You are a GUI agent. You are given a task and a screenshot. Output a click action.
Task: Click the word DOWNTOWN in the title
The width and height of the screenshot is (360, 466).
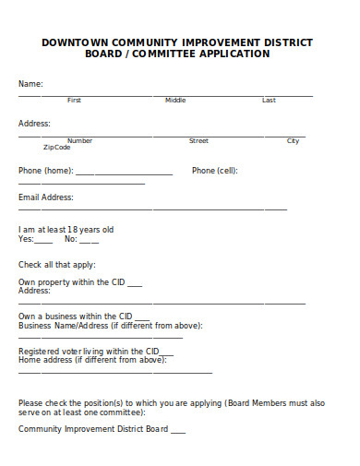pos(75,42)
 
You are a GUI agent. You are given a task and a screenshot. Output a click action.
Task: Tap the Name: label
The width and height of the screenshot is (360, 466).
pos(30,84)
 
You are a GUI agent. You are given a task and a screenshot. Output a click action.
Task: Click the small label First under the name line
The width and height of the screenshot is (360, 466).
pos(74,100)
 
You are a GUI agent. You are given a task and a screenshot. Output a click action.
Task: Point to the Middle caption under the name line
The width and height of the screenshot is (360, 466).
pos(175,100)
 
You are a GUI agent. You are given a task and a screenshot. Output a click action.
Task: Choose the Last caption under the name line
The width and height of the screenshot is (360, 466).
pos(269,100)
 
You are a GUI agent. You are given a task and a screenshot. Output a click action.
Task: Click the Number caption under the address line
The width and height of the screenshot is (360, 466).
pos(79,140)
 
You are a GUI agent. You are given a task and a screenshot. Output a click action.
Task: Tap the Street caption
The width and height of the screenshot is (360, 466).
pos(198,140)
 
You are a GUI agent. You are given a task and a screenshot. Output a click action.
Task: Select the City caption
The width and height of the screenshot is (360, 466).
pos(293,140)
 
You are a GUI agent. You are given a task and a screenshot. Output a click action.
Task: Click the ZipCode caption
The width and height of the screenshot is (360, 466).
pos(56,147)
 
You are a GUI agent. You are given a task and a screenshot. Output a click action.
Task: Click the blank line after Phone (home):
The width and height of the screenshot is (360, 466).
pos(124,173)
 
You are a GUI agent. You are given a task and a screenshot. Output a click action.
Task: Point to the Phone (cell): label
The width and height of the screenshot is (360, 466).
pos(215,171)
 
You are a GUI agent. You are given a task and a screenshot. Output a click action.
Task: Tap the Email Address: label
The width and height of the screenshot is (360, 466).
pos(45,197)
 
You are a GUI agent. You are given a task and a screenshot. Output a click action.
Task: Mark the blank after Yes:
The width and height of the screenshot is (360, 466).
pos(43,241)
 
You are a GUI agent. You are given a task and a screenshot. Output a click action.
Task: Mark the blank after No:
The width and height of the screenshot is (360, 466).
pos(89,241)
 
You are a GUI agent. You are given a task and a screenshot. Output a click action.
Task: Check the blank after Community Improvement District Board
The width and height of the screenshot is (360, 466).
pos(178,431)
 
